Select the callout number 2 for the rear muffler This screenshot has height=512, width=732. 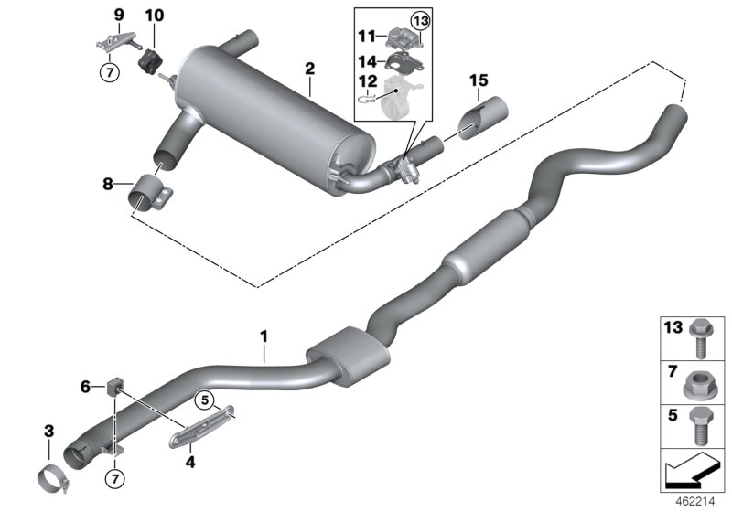309,69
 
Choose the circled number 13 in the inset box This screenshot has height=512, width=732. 419,21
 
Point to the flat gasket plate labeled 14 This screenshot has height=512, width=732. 400,63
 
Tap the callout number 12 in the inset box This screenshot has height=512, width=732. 366,82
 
